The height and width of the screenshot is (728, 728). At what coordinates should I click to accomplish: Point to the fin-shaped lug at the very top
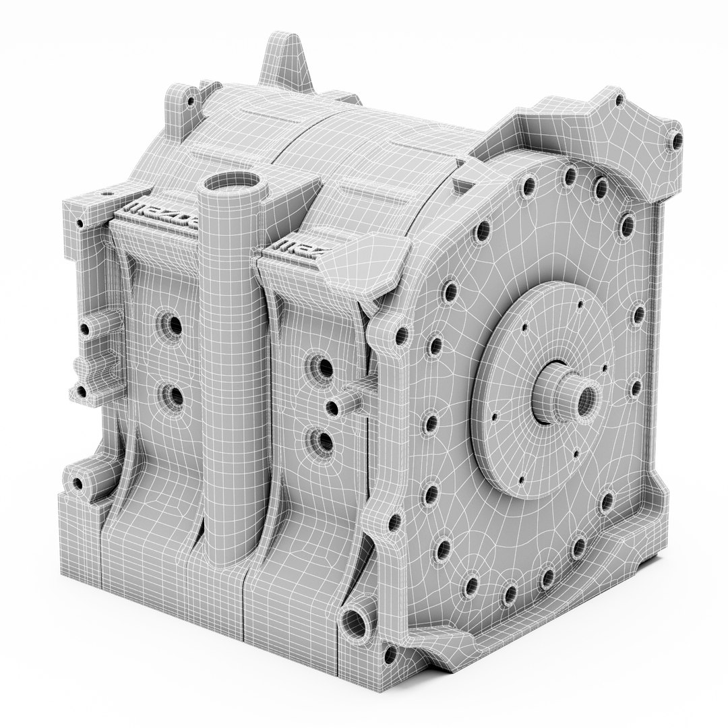(283, 61)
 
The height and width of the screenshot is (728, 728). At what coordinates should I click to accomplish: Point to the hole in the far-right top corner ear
(672, 142)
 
